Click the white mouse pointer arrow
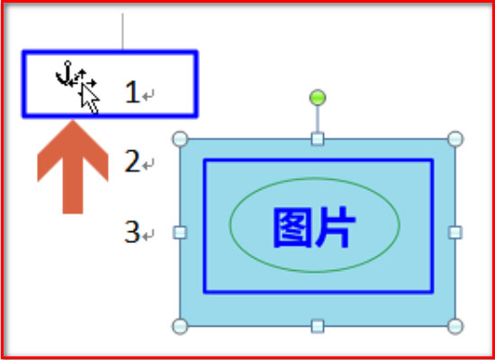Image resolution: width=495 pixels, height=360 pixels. point(89,98)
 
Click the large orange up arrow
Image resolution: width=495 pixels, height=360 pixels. point(73,167)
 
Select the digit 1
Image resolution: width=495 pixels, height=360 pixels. point(132,92)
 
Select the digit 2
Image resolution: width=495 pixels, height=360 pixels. point(132,161)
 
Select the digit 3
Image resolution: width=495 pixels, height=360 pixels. point(132,232)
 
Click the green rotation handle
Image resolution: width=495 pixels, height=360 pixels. point(318,97)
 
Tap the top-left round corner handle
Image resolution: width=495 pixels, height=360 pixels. point(180,139)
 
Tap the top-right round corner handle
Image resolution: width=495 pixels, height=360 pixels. point(455,139)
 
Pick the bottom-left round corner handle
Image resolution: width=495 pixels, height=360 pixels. point(180,326)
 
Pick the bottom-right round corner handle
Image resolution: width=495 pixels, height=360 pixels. point(455,326)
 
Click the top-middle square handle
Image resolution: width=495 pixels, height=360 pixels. point(318,139)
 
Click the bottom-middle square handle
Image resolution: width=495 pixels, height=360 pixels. point(318,326)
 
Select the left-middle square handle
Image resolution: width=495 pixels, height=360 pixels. point(180,233)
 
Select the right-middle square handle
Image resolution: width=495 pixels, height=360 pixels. point(455,233)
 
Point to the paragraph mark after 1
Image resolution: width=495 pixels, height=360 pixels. point(148,95)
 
